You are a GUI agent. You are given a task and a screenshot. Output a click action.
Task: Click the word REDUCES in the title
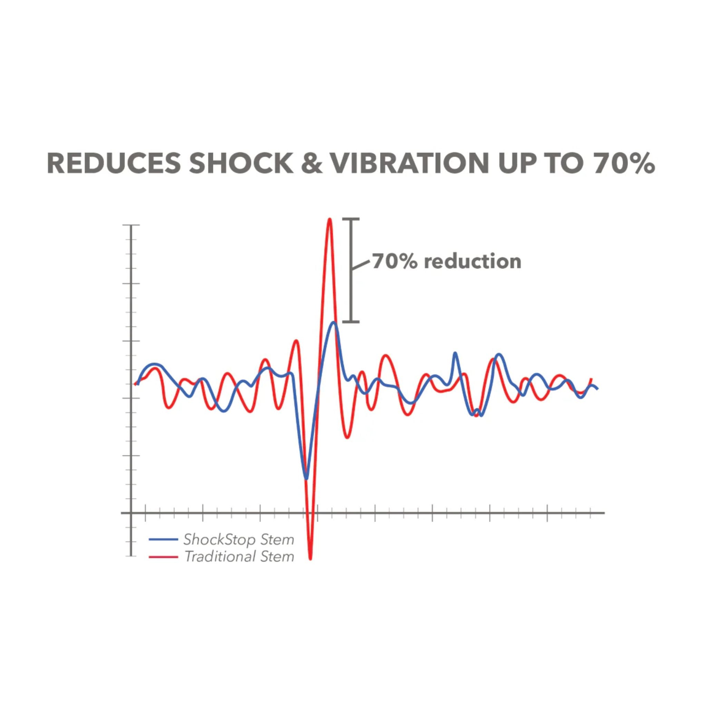click(114, 163)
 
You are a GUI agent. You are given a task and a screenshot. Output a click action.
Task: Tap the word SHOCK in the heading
click(241, 163)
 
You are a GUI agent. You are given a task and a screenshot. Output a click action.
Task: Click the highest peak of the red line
click(330, 220)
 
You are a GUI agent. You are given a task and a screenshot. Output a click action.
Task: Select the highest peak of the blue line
click(334, 323)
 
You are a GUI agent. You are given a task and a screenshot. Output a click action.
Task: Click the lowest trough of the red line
click(310, 559)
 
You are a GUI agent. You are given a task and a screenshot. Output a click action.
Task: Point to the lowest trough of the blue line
click(306, 478)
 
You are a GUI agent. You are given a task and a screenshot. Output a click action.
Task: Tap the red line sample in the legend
click(163, 557)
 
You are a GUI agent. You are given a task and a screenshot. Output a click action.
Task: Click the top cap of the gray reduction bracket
click(351, 219)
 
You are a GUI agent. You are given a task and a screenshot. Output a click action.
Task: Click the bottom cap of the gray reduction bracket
click(351, 322)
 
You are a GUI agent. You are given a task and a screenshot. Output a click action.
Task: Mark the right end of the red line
click(591, 379)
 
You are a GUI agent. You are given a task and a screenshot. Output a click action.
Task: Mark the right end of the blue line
click(597, 389)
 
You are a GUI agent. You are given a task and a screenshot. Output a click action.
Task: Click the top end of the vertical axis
click(131, 225)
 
